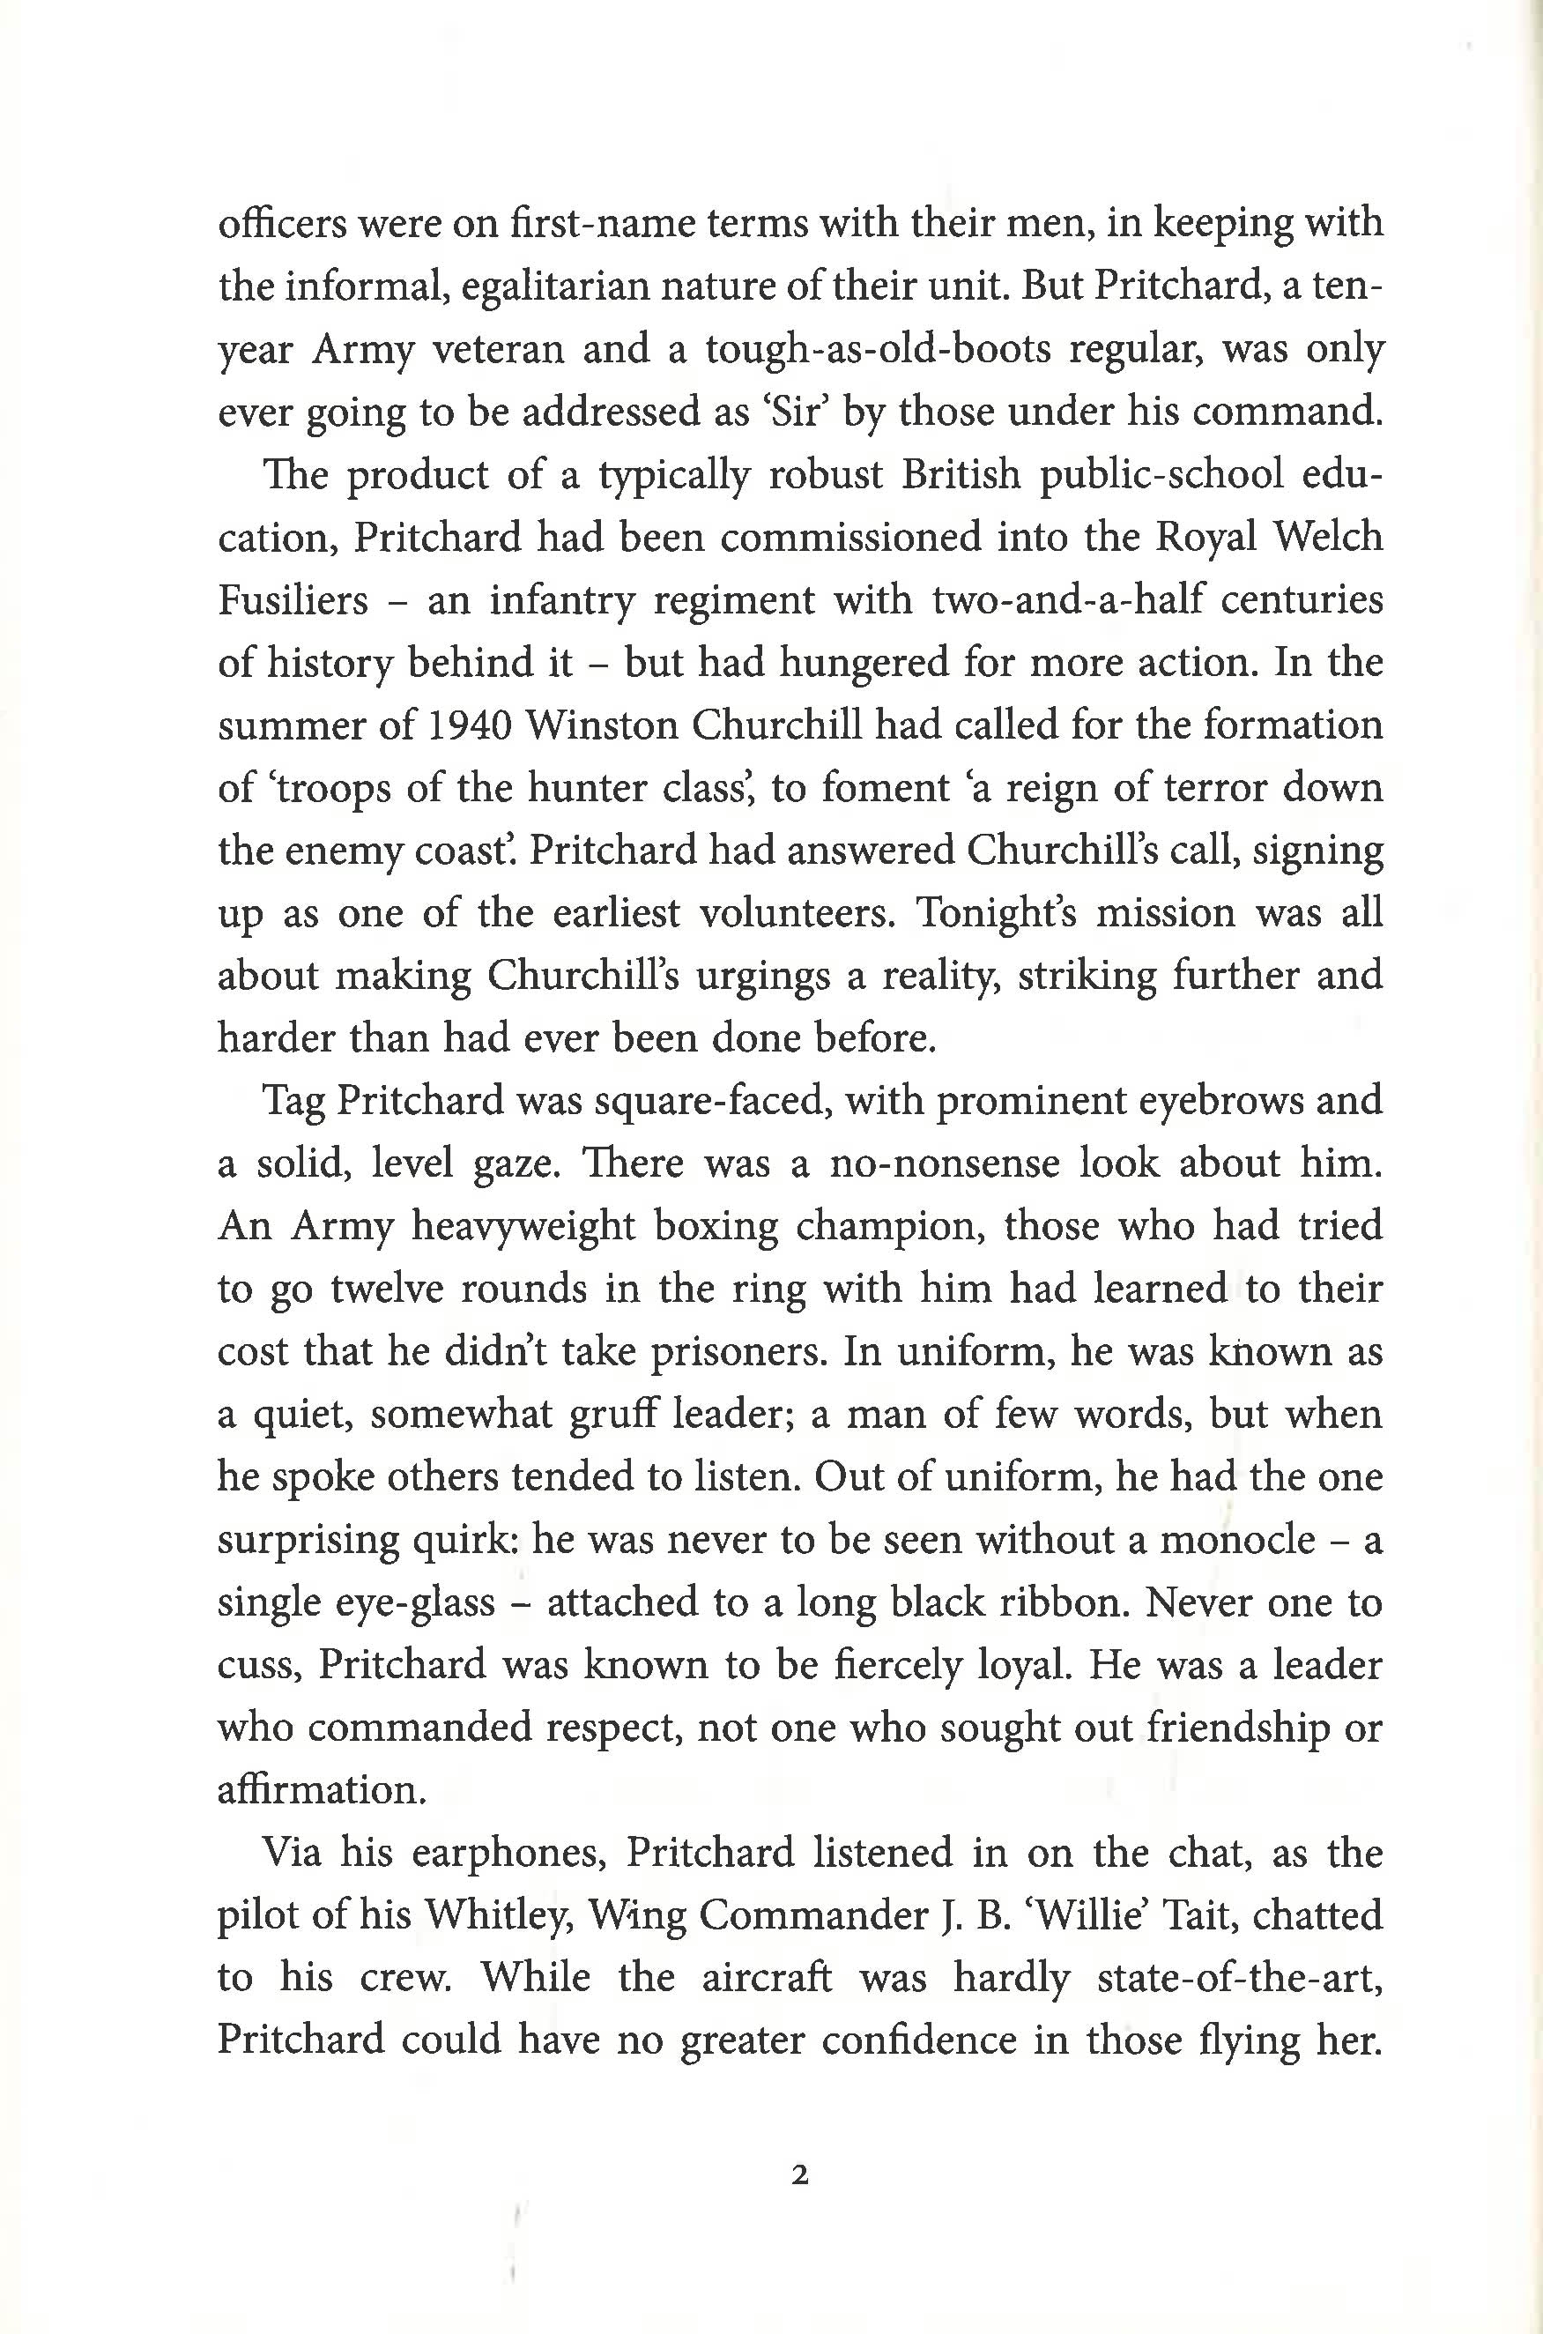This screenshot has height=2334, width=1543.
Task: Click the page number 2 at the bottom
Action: coord(799,2174)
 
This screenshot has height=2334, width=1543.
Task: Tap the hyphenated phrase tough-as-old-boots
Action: coord(879,350)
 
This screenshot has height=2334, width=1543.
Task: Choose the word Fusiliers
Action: coord(293,600)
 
